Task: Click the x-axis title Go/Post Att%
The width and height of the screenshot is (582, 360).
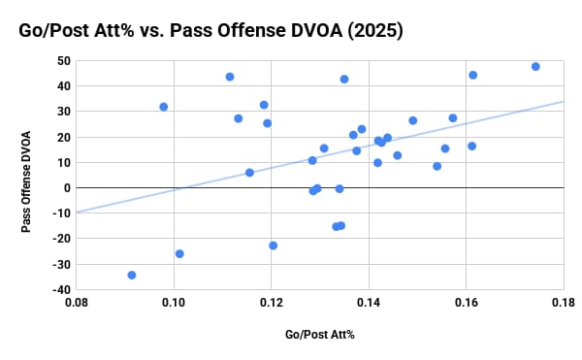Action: (x=320, y=335)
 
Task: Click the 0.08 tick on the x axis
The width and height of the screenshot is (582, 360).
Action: (x=77, y=304)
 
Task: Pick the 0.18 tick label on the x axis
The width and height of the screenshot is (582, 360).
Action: (x=564, y=304)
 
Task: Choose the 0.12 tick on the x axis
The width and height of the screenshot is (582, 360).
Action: (x=272, y=304)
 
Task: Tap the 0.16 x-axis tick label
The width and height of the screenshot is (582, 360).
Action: (x=467, y=304)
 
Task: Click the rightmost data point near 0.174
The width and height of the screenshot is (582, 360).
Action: (x=535, y=67)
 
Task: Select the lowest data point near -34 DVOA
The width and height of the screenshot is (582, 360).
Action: (x=132, y=275)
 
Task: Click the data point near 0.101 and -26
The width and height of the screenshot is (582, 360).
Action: (x=179, y=253)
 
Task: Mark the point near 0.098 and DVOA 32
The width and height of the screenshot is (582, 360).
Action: (x=164, y=107)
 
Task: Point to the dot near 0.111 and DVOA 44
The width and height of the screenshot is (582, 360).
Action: (x=230, y=77)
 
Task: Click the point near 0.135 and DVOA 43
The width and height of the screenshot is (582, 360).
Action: (x=344, y=79)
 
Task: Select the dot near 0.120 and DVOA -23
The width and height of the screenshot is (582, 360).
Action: (x=274, y=245)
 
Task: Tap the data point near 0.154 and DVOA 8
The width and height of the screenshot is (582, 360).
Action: (x=437, y=166)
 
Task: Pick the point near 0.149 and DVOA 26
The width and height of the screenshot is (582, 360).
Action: (x=413, y=120)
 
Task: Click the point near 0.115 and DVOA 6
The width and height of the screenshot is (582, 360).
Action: (x=249, y=172)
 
